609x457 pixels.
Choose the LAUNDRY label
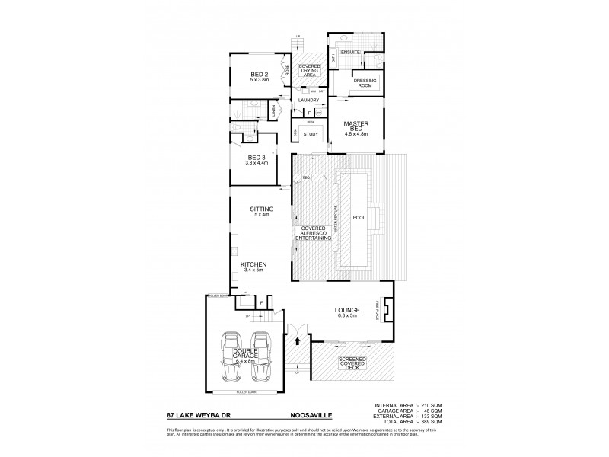[308, 100]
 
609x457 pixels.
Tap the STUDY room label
[310, 134]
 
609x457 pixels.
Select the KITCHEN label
[254, 264]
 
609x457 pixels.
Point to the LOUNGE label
[346, 310]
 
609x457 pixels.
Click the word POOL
[359, 217]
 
